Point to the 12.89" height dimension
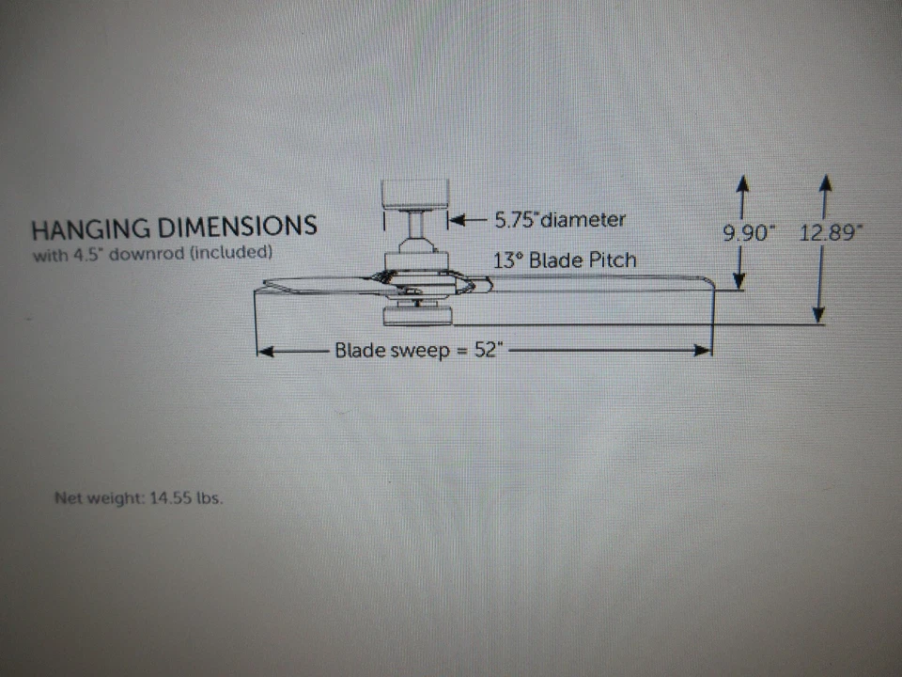(x=830, y=232)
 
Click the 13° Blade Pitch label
(x=564, y=260)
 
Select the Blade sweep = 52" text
(x=419, y=351)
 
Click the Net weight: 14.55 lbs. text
(x=138, y=498)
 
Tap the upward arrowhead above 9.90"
(x=742, y=181)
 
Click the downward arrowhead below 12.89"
(x=820, y=316)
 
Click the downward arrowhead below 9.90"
(x=739, y=281)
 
